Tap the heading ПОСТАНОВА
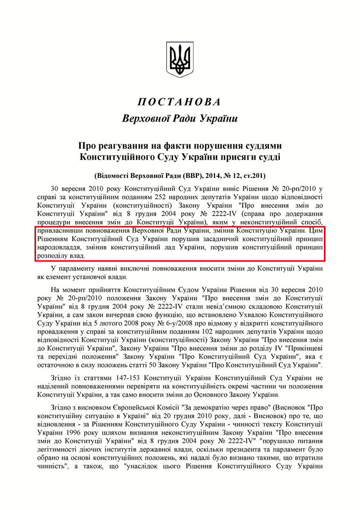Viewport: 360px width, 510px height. tap(179, 102)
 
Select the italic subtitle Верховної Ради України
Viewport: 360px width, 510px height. tap(179, 118)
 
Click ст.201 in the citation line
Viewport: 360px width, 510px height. tap(253, 175)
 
